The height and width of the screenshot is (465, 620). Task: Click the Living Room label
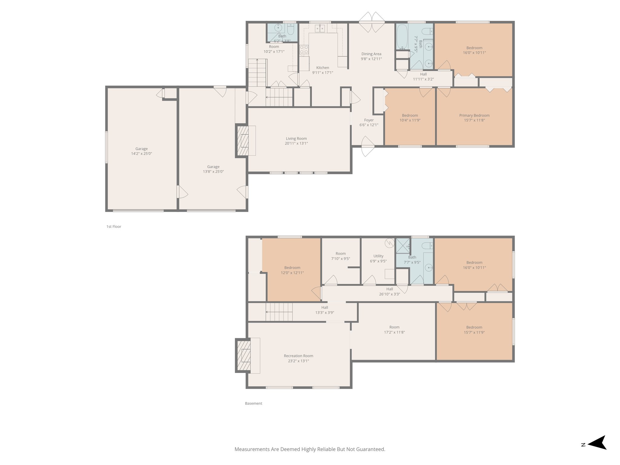click(296, 139)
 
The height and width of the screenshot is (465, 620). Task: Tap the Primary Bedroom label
click(474, 115)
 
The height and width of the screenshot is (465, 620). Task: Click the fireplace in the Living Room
click(242, 141)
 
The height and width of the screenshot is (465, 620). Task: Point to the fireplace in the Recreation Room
click(243, 355)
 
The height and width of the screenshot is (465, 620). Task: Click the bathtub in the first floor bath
click(402, 37)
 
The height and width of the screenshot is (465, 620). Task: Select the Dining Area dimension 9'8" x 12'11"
click(371, 59)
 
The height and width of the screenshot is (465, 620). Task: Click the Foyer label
click(369, 120)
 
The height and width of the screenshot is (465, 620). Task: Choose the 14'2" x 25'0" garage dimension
click(141, 154)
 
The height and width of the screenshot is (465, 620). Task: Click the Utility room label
click(378, 256)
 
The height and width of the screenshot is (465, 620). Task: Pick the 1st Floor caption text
click(114, 226)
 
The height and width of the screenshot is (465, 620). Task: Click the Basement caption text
click(253, 403)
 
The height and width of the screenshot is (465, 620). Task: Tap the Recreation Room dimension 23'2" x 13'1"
click(298, 361)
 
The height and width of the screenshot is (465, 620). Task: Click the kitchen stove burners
click(304, 50)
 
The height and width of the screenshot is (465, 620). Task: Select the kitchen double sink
click(320, 29)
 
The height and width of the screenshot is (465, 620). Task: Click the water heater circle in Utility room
click(389, 242)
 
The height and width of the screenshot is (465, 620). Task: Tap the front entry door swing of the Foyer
click(368, 147)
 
